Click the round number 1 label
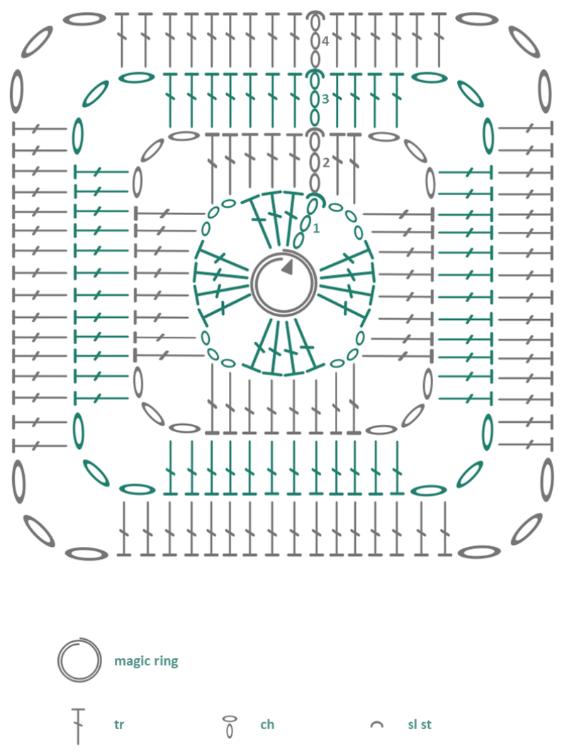(x=316, y=228)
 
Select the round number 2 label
(x=326, y=162)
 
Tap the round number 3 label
(x=325, y=99)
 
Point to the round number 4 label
(x=325, y=41)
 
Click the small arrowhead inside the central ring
(x=287, y=267)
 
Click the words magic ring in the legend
(x=146, y=661)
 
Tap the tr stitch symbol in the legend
(x=78, y=726)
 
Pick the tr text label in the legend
(x=119, y=724)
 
